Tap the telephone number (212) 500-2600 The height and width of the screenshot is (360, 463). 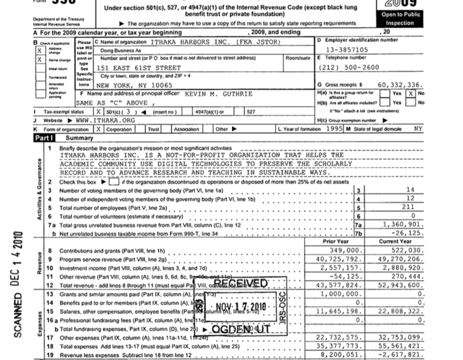tap(349, 67)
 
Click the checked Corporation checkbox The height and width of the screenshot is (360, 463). tap(99, 129)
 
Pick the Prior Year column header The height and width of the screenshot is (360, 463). tap(336, 241)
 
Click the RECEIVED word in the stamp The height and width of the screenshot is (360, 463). tap(240, 284)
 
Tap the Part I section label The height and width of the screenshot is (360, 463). tap(44, 138)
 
